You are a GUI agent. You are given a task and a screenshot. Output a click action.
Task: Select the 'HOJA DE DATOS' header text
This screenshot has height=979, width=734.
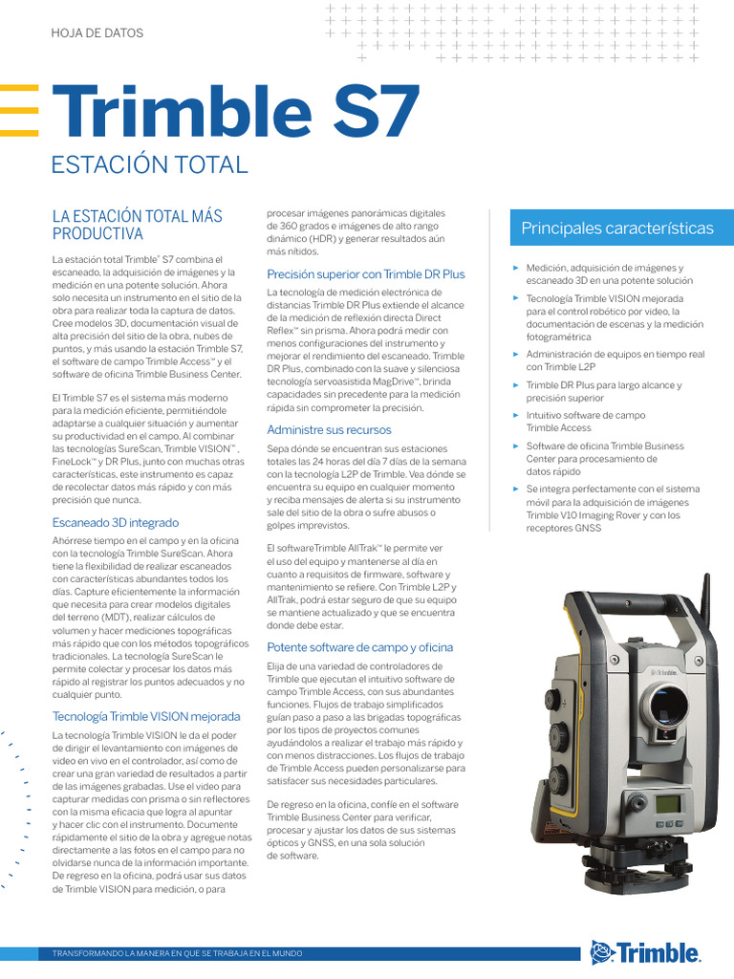coord(97,33)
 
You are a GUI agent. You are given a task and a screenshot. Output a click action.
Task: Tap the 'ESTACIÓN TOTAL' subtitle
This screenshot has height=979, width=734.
coord(150,163)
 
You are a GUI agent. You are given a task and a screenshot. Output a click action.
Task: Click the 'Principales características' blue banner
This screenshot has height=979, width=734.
coord(623,228)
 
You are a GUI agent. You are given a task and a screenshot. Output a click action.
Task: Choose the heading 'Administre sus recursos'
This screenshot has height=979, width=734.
coord(329,429)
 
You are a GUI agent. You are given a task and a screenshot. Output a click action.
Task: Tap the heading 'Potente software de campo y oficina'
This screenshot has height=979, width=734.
coord(359,647)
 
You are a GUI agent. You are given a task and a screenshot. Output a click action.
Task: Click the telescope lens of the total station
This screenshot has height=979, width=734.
coord(665,708)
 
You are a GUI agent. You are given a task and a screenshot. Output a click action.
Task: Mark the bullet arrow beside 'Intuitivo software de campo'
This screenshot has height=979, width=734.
coord(516,416)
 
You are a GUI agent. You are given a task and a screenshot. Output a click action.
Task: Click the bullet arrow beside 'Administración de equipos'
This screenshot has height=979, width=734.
coord(516,354)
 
